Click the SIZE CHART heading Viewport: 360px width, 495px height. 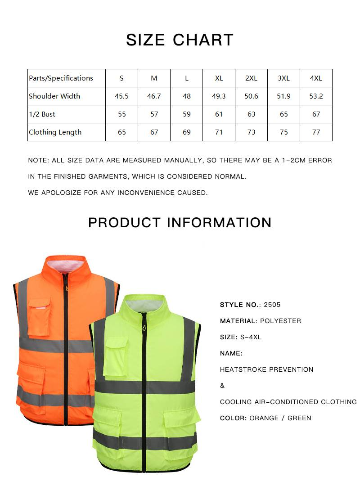[x=180, y=40]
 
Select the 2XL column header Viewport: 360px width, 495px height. [x=251, y=78]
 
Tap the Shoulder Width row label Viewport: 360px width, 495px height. [x=54, y=96]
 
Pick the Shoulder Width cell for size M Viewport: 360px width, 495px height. [x=154, y=96]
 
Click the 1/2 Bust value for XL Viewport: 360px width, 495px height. [x=219, y=114]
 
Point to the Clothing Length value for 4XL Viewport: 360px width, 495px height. [x=316, y=132]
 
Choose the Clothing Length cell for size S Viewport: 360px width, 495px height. [x=121, y=132]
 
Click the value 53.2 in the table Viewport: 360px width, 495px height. [x=316, y=96]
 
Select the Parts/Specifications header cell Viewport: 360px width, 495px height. [x=61, y=78]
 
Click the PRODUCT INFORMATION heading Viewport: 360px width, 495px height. [x=180, y=223]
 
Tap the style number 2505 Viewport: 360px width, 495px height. [x=272, y=305]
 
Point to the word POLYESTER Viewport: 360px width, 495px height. [x=280, y=321]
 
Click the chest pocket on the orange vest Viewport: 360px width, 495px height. [x=39, y=318]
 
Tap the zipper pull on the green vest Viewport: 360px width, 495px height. [x=144, y=328]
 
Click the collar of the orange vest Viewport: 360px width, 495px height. [x=65, y=265]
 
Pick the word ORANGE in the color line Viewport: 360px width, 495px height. [x=264, y=418]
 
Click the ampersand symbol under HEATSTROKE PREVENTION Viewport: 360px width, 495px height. [x=222, y=386]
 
